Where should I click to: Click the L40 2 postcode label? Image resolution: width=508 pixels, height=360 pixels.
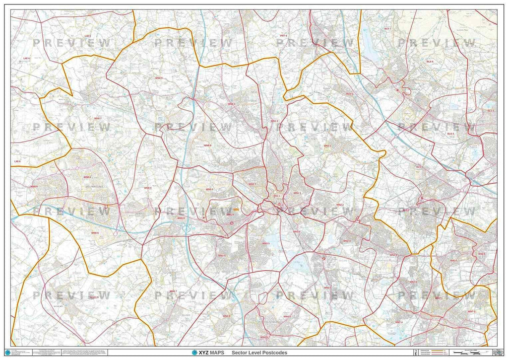pyautogui.click(x=88, y=36)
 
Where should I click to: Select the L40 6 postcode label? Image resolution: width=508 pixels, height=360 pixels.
pyautogui.click(x=18, y=161)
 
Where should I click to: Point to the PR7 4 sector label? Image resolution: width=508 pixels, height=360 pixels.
pyautogui.click(x=283, y=36)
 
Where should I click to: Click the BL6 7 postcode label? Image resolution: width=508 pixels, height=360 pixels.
pyautogui.click(x=387, y=29)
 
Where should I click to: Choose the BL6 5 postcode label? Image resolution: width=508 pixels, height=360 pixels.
pyautogui.click(x=349, y=93)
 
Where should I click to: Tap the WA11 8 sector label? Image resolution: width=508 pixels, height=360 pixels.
pyautogui.click(x=94, y=297)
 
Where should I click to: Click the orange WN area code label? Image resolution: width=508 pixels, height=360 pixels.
pyautogui.click(x=236, y=210)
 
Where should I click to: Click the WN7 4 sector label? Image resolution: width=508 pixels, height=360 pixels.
pyautogui.click(x=399, y=322)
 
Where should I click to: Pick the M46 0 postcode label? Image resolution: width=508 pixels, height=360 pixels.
pyautogui.click(x=453, y=260)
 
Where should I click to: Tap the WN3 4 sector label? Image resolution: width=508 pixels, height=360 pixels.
pyautogui.click(x=297, y=231)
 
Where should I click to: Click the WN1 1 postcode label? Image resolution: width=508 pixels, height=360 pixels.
pyautogui.click(x=276, y=196)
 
